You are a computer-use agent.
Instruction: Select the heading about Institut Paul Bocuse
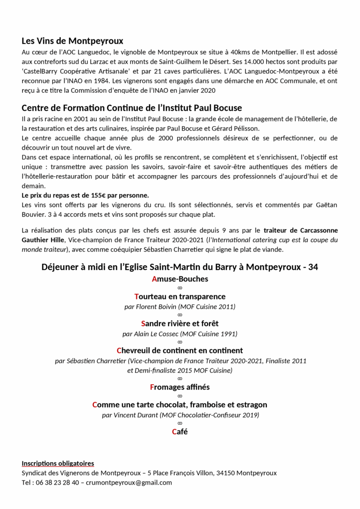click(x=132, y=108)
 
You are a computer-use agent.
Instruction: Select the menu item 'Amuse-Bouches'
click(x=180, y=279)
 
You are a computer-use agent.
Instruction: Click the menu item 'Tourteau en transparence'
click(x=180, y=297)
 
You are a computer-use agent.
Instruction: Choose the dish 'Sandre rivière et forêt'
click(x=180, y=323)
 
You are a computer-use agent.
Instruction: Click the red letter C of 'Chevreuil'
click(x=119, y=351)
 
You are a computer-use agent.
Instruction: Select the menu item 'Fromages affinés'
click(x=180, y=387)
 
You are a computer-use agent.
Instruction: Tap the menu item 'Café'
click(x=180, y=432)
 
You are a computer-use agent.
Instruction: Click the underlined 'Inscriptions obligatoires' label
click(x=58, y=464)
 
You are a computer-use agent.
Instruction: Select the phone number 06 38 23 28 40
click(x=57, y=482)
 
